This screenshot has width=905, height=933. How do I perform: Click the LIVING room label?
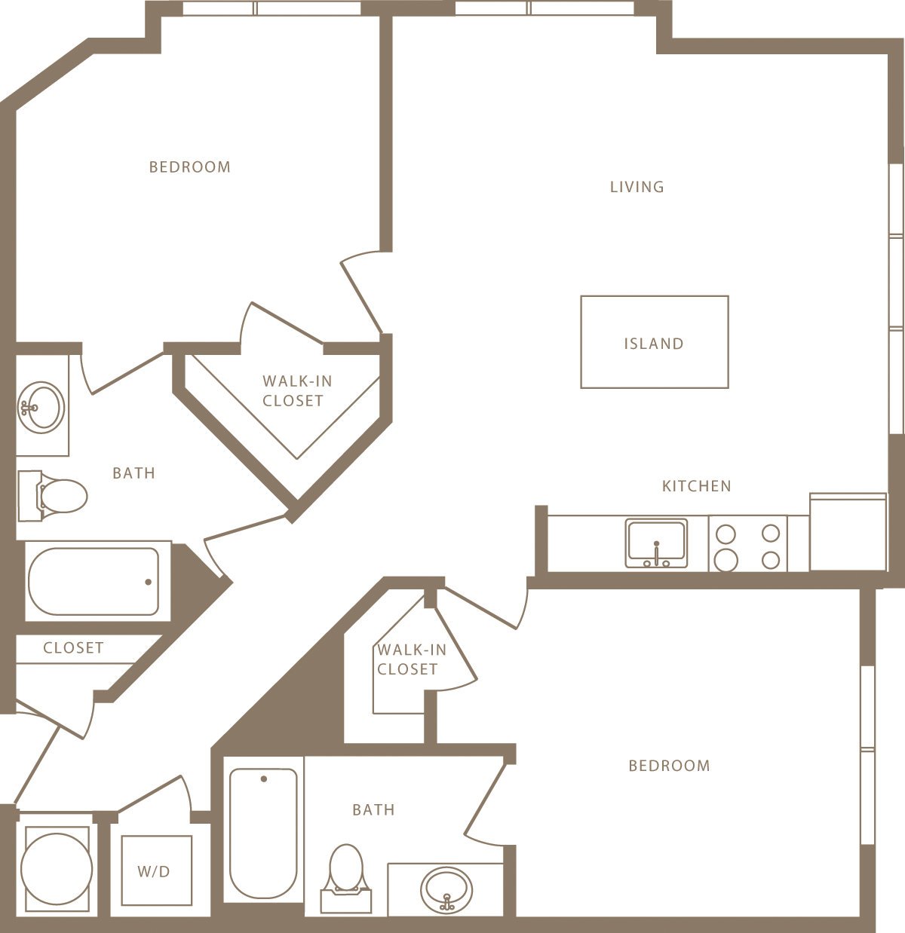pos(637,187)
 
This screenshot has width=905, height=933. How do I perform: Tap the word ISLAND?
pos(653,344)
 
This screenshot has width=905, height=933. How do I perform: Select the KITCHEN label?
pos(696,486)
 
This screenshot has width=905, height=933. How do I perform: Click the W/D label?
pos(154,872)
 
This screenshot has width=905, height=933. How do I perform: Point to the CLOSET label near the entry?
pos(73,648)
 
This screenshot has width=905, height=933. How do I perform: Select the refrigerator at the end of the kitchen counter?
pos(848,532)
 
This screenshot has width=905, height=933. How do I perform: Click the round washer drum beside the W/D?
pos(57,869)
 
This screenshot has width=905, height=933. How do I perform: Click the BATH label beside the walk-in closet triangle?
pos(133,473)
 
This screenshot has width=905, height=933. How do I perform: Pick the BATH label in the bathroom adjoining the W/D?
pos(373,810)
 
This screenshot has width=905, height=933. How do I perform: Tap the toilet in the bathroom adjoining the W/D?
pos(346,874)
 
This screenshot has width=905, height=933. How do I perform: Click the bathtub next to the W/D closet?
pos(263,832)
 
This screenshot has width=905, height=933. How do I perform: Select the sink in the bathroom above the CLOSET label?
pos(41,407)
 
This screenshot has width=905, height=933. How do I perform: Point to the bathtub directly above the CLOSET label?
pos(94,581)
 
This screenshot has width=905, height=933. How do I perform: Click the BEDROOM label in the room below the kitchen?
pos(669,766)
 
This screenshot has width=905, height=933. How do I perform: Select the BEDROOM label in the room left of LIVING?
pos(189,167)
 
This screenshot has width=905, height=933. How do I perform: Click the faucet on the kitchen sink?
pos(657,555)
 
